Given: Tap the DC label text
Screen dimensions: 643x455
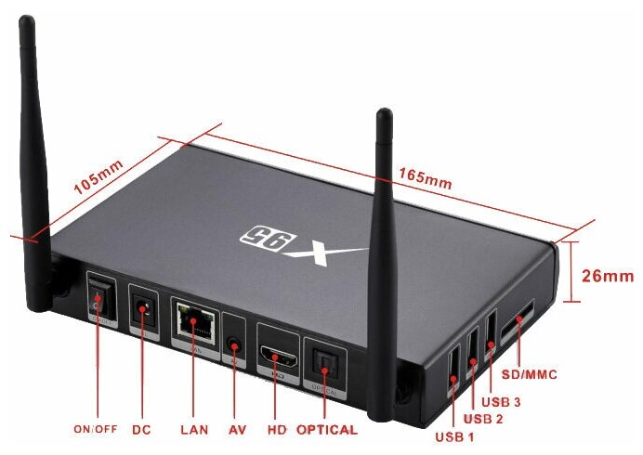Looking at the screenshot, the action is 141,430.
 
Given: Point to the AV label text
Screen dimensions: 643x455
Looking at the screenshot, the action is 237,430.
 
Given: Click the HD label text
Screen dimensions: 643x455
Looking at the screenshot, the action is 276,430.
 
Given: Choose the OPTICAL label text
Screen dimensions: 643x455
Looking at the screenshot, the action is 326,430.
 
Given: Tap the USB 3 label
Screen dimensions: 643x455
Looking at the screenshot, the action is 501,402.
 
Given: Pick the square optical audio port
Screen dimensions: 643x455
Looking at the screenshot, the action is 325,363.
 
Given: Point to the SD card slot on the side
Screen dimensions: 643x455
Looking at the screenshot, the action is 518,322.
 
